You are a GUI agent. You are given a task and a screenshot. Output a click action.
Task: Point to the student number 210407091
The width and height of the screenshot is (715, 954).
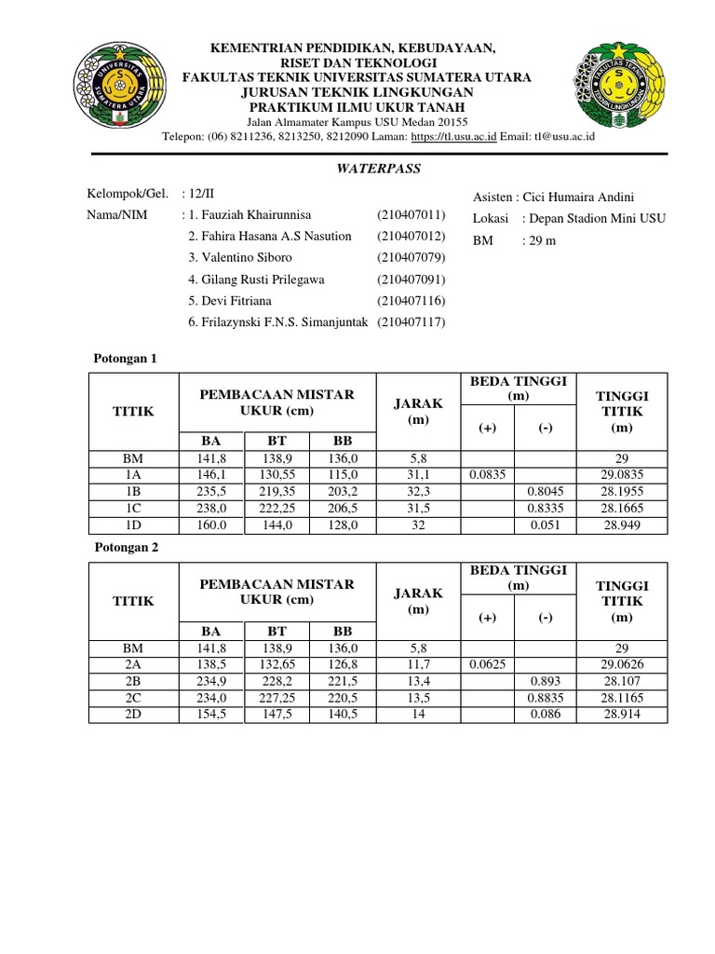[x=411, y=279]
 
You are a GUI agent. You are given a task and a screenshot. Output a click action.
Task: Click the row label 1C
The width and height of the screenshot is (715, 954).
[x=133, y=509]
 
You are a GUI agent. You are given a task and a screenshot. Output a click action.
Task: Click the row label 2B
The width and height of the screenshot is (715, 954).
[x=133, y=681]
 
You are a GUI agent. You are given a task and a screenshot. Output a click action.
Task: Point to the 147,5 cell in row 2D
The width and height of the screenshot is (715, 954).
[x=276, y=715]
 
